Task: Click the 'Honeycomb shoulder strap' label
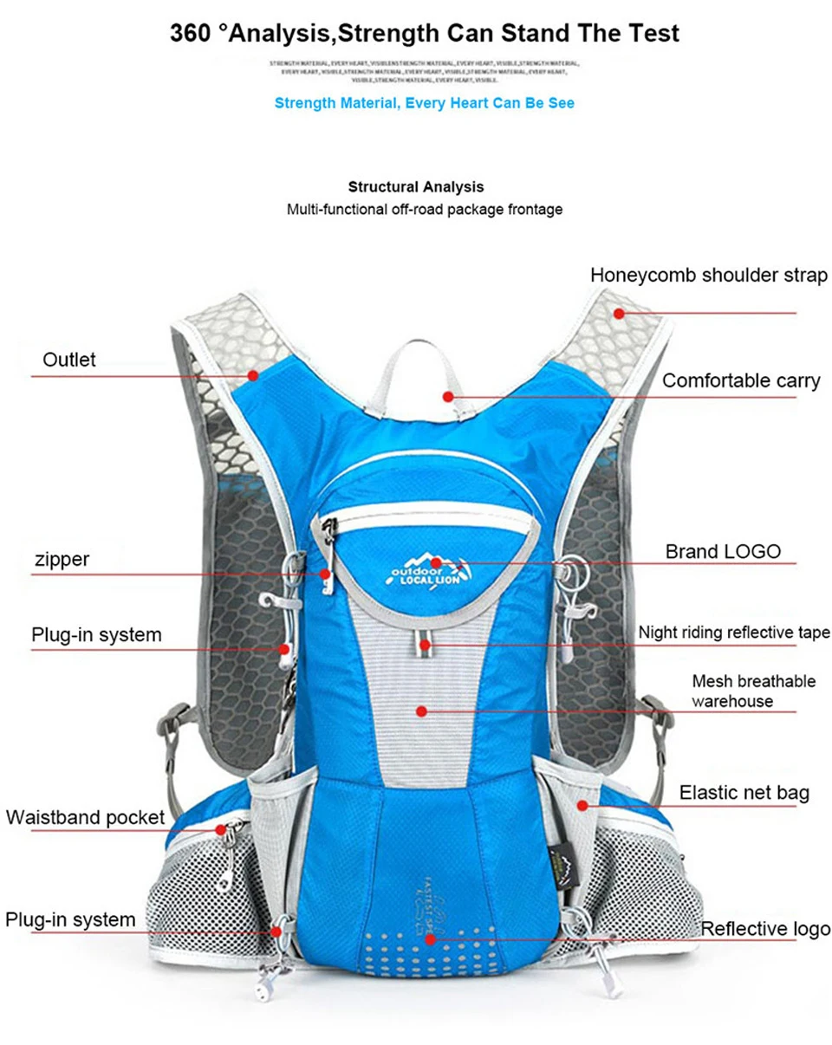coord(709,276)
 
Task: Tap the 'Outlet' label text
coord(69,360)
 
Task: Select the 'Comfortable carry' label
coord(741,380)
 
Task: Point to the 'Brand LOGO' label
coord(723,551)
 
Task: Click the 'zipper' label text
coord(62,559)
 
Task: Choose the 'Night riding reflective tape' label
coord(734,633)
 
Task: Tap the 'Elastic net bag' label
coord(744,792)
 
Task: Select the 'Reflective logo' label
coord(765,929)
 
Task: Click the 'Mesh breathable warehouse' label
coord(753,691)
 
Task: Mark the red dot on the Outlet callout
coord(253,375)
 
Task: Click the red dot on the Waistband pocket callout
coord(222,829)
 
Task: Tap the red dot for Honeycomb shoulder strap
coord(619,313)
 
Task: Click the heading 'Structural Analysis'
coord(416,186)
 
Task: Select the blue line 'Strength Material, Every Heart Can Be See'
coord(424,103)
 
